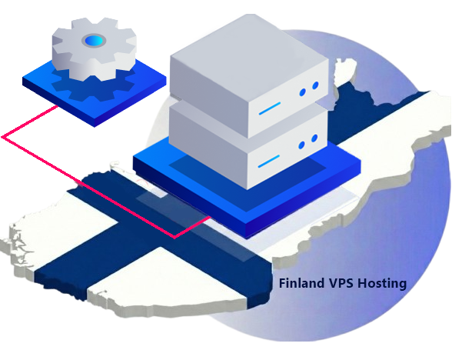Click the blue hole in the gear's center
95,40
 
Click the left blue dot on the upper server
302,93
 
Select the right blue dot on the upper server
314,89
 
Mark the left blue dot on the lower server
302,144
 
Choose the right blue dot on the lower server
314,139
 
